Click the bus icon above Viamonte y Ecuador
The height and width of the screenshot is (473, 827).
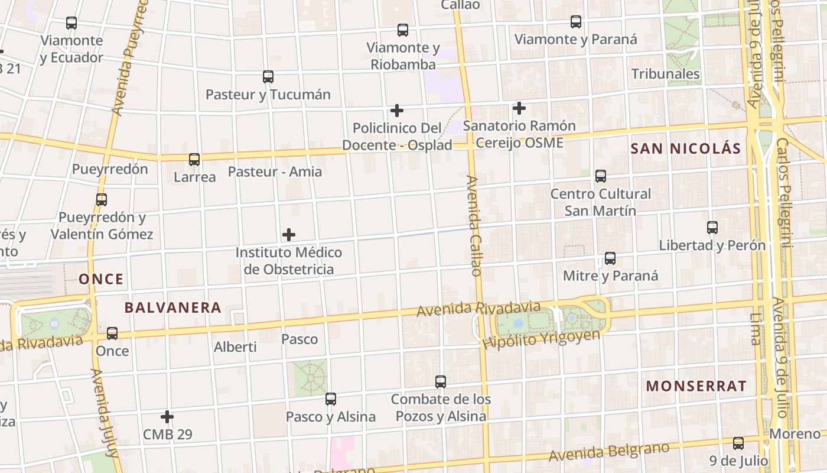click(x=71, y=23)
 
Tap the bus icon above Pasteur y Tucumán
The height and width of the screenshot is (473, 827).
click(x=268, y=77)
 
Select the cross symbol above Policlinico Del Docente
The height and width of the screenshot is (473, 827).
click(x=397, y=111)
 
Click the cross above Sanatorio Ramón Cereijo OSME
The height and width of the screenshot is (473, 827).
click(x=519, y=108)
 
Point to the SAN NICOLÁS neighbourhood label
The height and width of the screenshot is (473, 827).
click(x=685, y=148)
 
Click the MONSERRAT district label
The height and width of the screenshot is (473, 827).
click(x=696, y=386)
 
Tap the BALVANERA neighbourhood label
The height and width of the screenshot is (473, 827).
click(x=173, y=307)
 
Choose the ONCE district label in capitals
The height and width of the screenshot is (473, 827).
click(x=101, y=279)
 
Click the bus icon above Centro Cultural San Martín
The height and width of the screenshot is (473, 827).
click(x=601, y=176)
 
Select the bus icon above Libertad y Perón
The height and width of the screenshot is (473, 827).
click(x=712, y=228)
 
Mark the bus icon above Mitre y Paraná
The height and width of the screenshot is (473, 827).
click(x=610, y=258)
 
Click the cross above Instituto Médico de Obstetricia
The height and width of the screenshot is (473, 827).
click(x=289, y=235)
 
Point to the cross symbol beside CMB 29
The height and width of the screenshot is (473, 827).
click(x=167, y=417)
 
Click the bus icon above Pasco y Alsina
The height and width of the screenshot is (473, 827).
click(x=331, y=399)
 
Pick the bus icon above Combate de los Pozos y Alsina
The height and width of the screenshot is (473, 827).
click(x=441, y=382)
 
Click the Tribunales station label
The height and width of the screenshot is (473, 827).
click(x=666, y=74)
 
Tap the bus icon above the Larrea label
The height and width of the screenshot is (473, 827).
click(x=194, y=160)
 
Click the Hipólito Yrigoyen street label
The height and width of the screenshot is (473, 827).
click(x=541, y=339)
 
